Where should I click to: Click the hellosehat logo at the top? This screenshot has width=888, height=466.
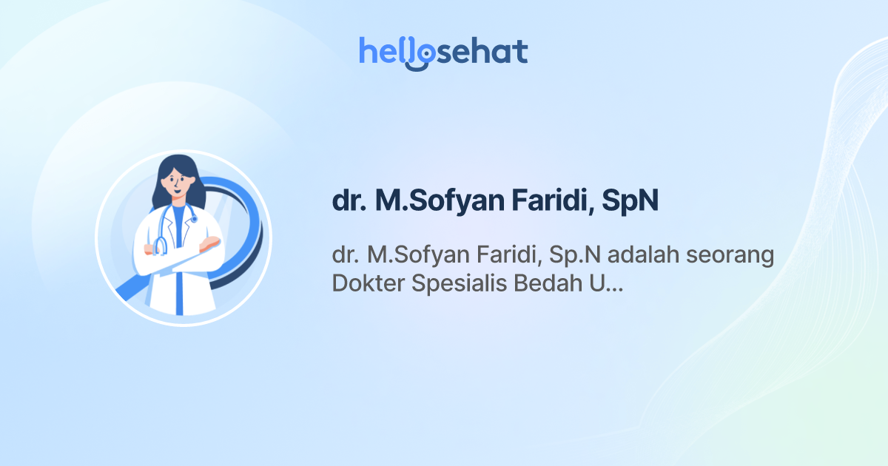pyautogui.click(x=443, y=53)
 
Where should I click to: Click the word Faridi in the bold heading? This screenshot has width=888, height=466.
pyautogui.click(x=543, y=201)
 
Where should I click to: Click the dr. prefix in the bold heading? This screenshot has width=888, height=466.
pyautogui.click(x=349, y=201)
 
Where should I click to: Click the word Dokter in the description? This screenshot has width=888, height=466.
pyautogui.click(x=365, y=283)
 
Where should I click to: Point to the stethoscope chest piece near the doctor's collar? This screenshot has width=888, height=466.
pyautogui.click(x=194, y=220)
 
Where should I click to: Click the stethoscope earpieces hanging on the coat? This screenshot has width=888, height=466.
pyautogui.click(x=160, y=246)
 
